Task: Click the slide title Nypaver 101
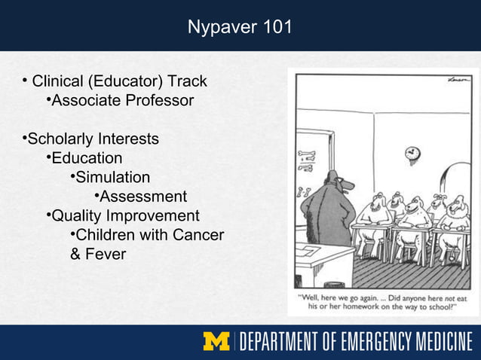(x=240, y=28)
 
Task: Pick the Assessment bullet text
(x=143, y=197)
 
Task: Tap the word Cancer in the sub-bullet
(x=198, y=236)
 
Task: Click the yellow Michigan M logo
(x=216, y=342)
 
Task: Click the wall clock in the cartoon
(x=412, y=153)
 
